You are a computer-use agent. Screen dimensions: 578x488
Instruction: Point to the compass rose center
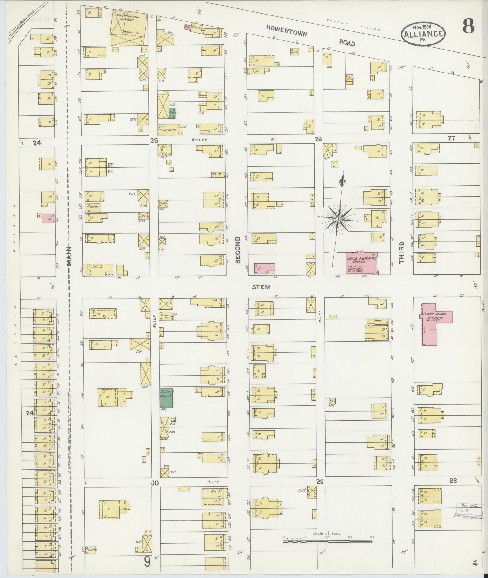[338, 218]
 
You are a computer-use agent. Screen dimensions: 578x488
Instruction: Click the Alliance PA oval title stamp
[424, 34]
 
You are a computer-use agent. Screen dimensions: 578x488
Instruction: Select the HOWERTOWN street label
[287, 31]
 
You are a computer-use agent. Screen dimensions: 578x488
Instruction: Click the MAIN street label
[70, 256]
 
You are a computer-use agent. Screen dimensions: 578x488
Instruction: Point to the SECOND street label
[238, 250]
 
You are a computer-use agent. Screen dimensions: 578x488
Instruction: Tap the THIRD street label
[401, 252]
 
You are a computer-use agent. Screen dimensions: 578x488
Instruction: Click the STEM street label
[261, 287]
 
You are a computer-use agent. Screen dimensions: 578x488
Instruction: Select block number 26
[318, 139]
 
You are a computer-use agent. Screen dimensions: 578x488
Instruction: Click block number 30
[155, 483]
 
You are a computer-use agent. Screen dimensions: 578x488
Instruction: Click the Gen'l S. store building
[99, 269]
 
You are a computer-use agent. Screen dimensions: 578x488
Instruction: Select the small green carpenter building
[172, 113]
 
